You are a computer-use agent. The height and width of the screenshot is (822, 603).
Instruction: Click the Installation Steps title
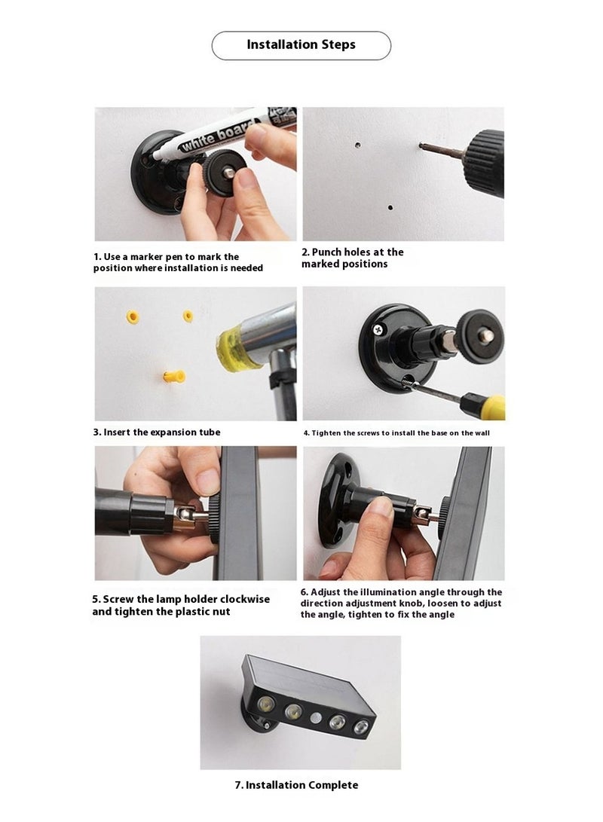[301, 44]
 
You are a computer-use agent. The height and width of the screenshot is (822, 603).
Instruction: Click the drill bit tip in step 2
[421, 145]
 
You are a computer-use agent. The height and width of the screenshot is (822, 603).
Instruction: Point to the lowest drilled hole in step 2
[390, 208]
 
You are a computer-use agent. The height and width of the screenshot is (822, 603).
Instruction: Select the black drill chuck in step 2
[485, 163]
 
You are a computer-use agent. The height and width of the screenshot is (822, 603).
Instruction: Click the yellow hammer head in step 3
[234, 348]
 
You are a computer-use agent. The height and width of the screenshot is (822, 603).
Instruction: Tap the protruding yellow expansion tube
[174, 377]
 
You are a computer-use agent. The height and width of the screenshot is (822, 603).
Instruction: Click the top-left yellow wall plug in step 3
[133, 317]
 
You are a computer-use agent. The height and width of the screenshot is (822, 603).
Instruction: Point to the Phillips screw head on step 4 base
[378, 330]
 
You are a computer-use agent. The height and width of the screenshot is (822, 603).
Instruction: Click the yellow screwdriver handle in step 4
[483, 407]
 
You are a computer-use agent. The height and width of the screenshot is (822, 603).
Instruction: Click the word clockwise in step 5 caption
[245, 599]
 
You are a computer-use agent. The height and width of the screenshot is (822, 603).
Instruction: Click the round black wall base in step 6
[335, 500]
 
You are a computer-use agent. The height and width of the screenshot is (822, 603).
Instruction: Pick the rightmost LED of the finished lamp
[361, 727]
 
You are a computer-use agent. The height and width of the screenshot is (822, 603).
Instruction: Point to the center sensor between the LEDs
[315, 718]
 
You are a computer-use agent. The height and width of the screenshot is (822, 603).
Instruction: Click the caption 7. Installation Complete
[296, 785]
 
